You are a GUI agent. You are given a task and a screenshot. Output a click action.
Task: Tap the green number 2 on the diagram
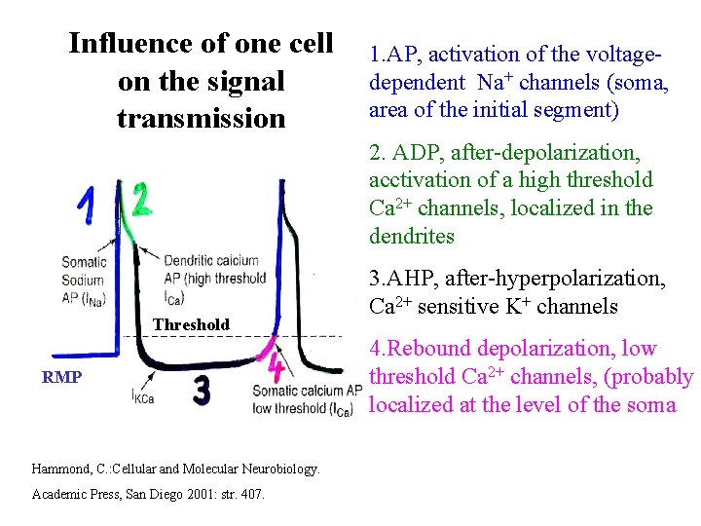click(142, 200)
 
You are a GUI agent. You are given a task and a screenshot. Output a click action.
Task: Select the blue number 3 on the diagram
click(202, 392)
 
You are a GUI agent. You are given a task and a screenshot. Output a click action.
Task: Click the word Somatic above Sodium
click(84, 261)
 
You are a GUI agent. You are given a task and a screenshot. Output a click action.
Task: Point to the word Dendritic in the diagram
click(191, 260)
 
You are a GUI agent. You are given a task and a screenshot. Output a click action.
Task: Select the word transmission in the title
click(201, 118)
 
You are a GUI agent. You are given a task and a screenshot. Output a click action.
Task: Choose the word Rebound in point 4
click(428, 349)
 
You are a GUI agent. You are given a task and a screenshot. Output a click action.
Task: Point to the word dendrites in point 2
click(413, 237)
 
